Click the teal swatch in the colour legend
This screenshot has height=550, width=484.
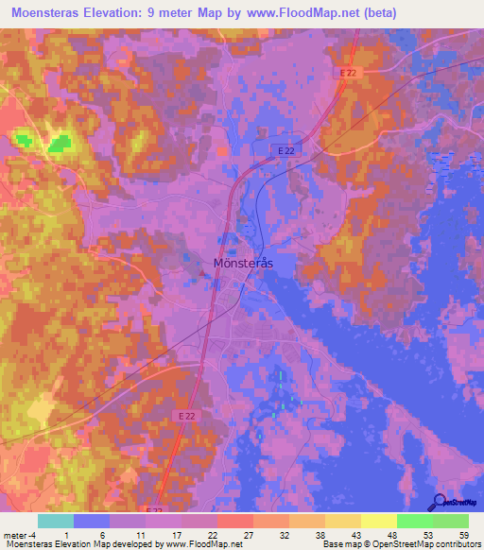click(56, 521)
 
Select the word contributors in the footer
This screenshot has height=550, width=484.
click(457, 544)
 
